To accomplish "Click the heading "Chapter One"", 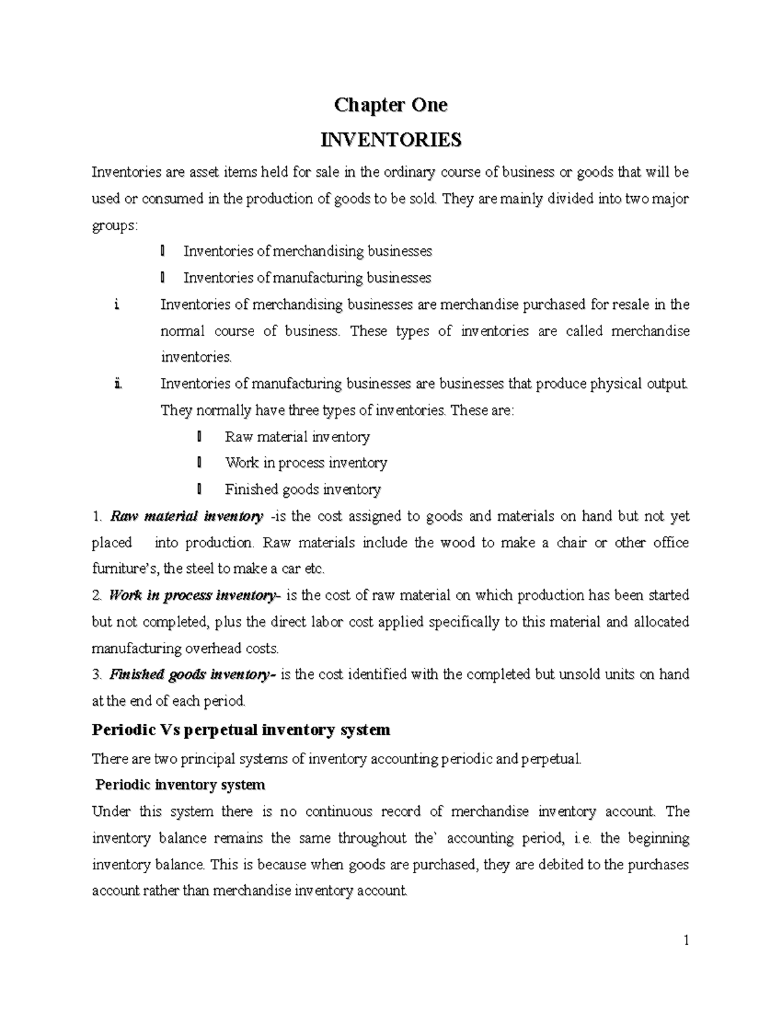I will pyautogui.click(x=390, y=105).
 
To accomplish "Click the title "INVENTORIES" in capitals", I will pyautogui.click(x=390, y=139).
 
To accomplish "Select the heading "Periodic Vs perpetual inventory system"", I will pyautogui.click(x=241, y=730).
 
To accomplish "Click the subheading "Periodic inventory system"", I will pyautogui.click(x=180, y=785).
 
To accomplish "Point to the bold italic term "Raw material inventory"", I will pyautogui.click(x=186, y=517).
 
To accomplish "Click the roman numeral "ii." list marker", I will pyautogui.click(x=117, y=384).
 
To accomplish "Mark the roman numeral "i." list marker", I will pyautogui.click(x=115, y=304).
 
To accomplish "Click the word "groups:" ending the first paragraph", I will pyautogui.click(x=115, y=225).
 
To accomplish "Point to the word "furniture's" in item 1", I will pyautogui.click(x=124, y=569).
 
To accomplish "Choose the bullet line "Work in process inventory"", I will pyautogui.click(x=306, y=463).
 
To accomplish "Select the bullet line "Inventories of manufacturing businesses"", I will pyautogui.click(x=307, y=278).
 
